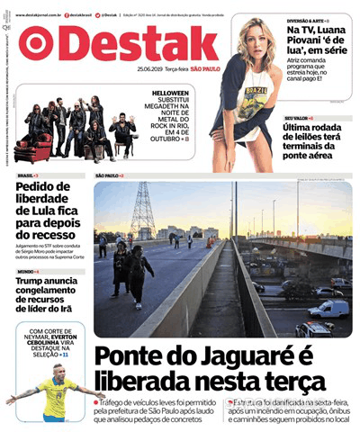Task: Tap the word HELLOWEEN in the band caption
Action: [x=170, y=94]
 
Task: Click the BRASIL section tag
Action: [x=27, y=175]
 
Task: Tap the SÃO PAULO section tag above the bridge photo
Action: [x=108, y=175]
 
